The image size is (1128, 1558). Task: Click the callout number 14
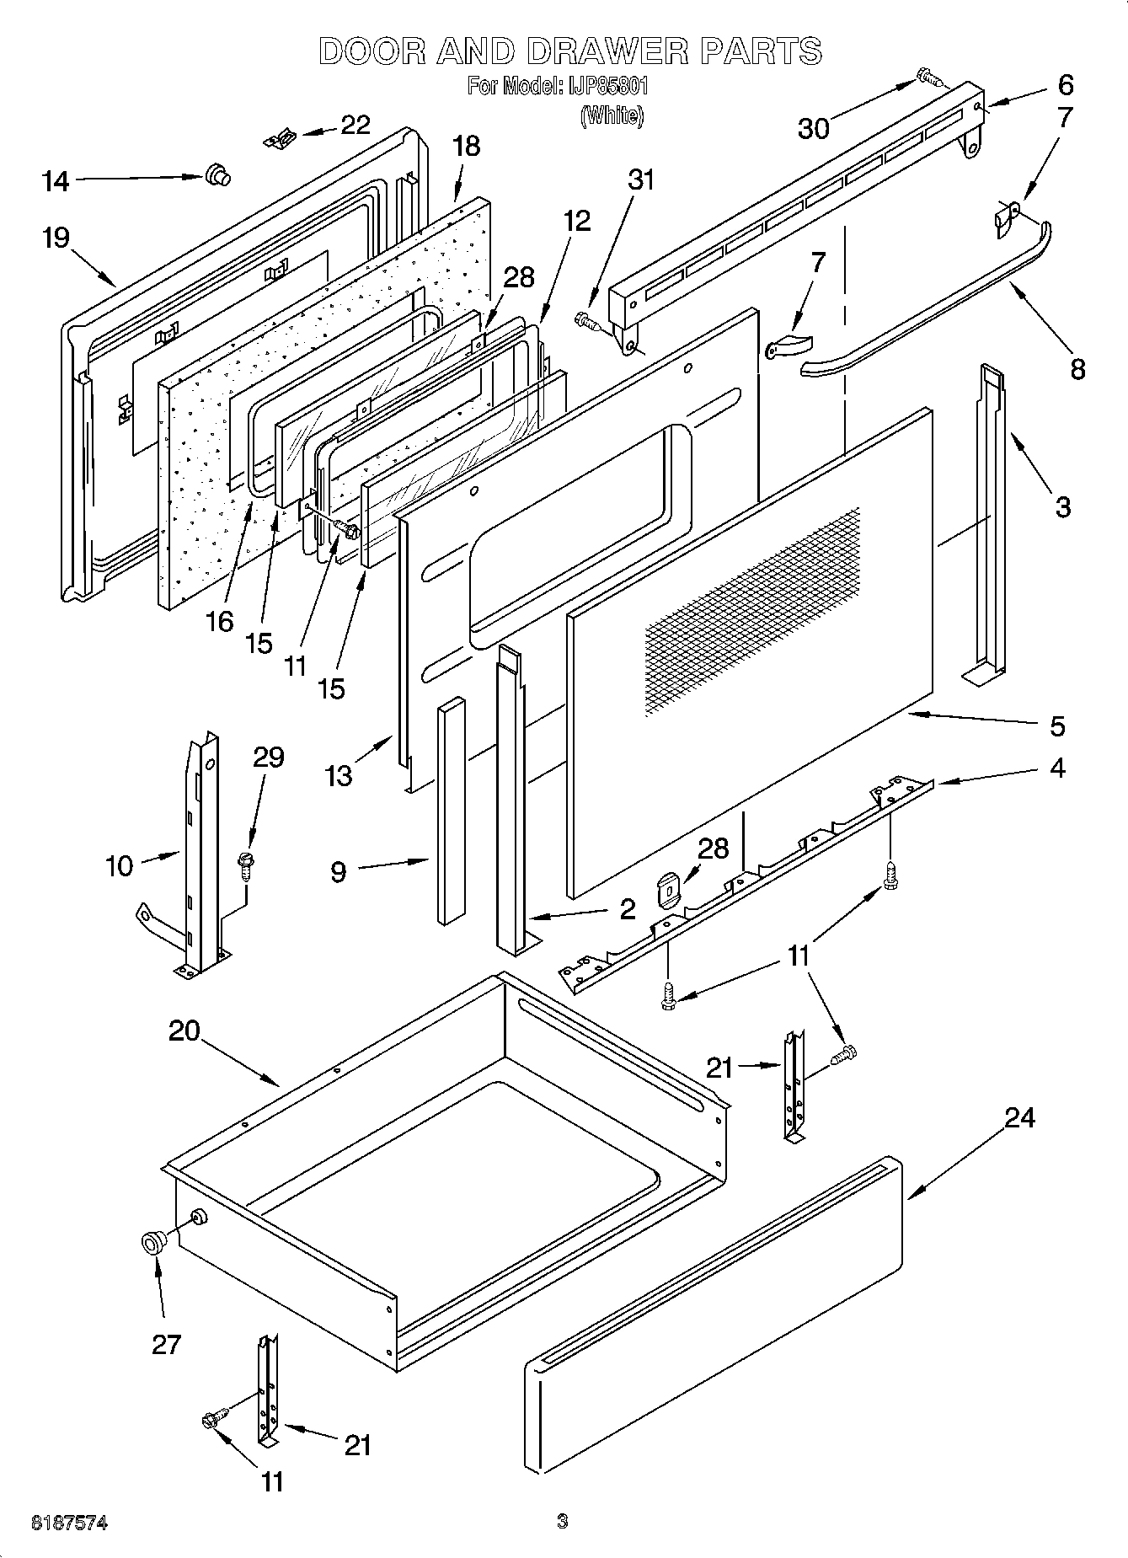coord(56,180)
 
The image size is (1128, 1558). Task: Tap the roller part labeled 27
coord(153,1242)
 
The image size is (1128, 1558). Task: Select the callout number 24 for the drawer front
coord(1019,1118)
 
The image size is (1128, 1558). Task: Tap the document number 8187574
coord(69,1523)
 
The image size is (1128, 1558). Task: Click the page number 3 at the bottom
coord(562,1521)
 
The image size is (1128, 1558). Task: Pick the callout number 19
coord(56,238)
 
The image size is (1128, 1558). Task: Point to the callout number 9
coord(338,871)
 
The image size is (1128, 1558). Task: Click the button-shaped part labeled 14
coord(217,175)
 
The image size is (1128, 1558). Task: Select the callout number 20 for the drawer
coord(184,1031)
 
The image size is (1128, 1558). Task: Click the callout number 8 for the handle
coord(1077,369)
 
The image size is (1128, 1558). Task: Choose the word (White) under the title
coord(612,115)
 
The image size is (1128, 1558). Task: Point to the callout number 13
coord(339,775)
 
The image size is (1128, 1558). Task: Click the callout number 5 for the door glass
coord(1057,725)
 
